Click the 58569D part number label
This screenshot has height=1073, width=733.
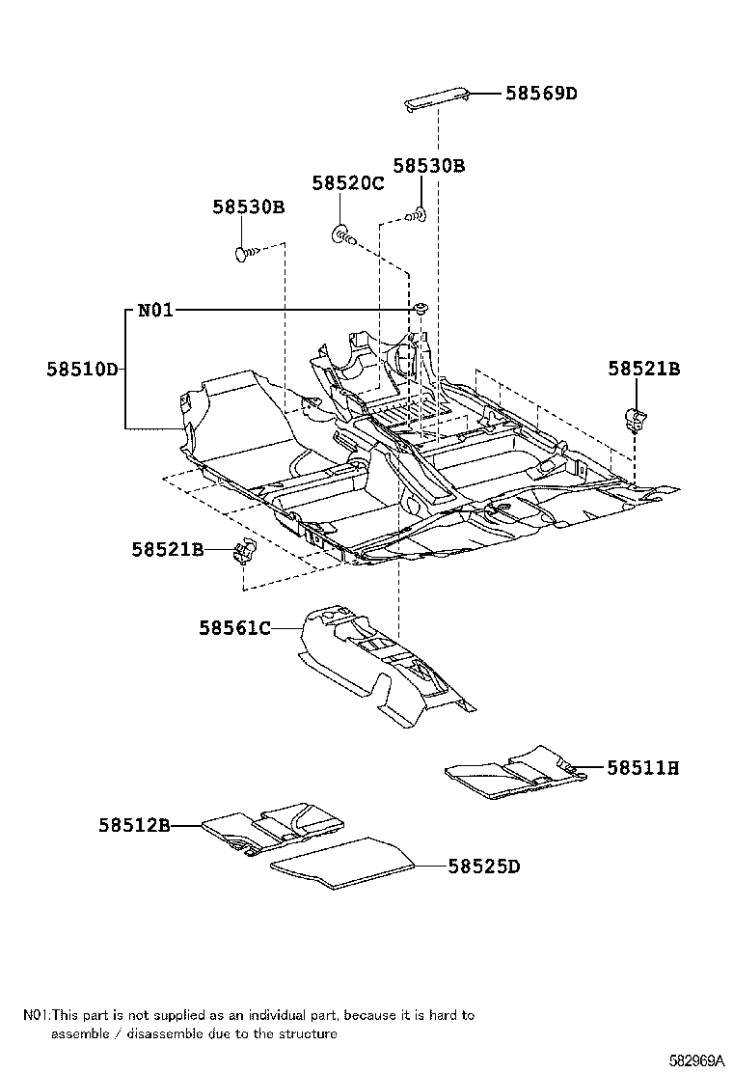coord(542,94)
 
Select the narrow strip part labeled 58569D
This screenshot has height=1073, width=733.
coord(437,97)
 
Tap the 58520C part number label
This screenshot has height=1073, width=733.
coord(348,183)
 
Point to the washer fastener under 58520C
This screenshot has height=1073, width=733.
coord(342,232)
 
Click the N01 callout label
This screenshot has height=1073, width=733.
coord(155,310)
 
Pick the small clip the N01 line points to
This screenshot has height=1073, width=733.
coord(421,308)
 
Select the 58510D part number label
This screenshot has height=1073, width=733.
coord(82,369)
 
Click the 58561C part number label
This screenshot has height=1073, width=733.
coord(234,628)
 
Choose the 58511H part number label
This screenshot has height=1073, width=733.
coord(642,768)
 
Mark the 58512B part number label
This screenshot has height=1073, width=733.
coord(133,825)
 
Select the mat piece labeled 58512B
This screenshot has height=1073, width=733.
coord(275,827)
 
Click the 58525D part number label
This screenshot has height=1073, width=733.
coord(483,867)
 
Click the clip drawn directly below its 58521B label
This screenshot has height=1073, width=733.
coord(636,418)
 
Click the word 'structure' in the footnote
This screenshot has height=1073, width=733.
coord(309,1033)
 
